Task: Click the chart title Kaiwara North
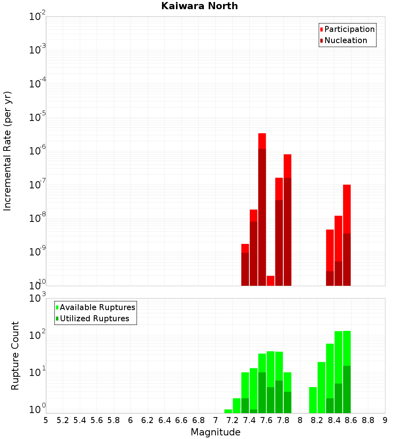[199, 6]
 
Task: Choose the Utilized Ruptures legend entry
[94, 318]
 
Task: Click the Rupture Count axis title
[15, 356]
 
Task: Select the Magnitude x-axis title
[215, 432]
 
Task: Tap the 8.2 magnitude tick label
[317, 420]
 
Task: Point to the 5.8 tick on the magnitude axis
[114, 420]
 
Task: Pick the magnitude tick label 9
[385, 420]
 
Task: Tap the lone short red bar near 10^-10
[271, 281]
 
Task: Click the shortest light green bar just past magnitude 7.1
[228, 411]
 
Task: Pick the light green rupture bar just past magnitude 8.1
[313, 400]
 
